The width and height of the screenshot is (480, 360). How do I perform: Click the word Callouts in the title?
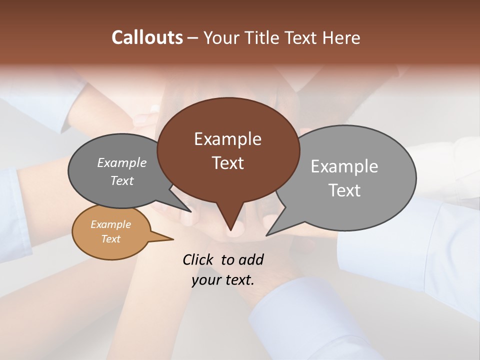coord(147,37)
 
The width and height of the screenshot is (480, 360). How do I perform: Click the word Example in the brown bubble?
coord(227,139)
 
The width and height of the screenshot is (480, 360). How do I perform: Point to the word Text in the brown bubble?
coord(227,163)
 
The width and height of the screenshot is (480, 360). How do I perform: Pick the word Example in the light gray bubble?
coord(344,166)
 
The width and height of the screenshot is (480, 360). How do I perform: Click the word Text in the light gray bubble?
coord(344,190)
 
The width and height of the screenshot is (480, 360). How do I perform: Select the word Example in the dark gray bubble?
coord(122,163)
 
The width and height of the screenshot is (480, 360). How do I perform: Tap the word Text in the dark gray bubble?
coord(122,181)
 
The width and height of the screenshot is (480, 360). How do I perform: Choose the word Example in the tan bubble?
coord(110,224)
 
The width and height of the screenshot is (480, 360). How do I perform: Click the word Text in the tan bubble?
coord(110,239)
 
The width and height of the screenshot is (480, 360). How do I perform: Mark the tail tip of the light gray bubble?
coord(267,234)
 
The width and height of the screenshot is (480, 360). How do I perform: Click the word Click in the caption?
coord(198,259)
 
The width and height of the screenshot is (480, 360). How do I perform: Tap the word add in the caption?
coord(251,259)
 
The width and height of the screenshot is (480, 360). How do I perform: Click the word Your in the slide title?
coord(220,37)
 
